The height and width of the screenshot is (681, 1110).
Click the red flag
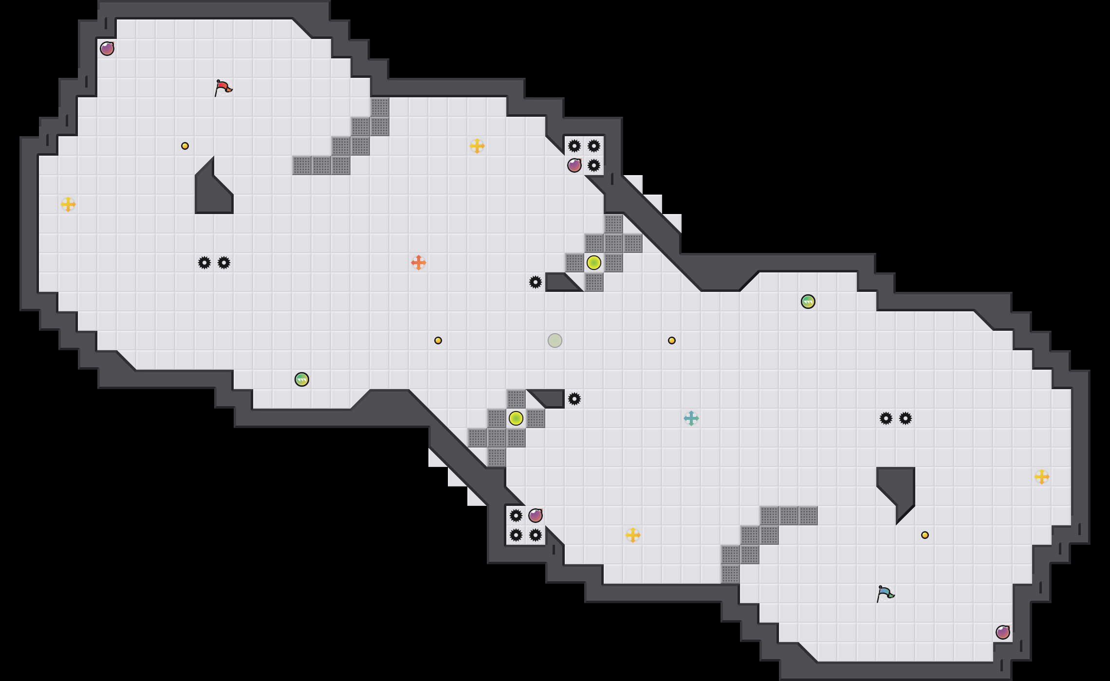point(223,88)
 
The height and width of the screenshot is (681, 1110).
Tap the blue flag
point(885,593)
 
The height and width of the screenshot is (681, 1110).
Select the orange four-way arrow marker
point(419,263)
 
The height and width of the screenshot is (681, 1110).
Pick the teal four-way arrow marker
point(691,418)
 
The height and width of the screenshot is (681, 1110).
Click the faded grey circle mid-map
point(555,340)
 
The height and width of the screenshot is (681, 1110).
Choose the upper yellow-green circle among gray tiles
point(594,263)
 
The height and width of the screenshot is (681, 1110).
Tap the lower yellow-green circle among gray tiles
point(516,418)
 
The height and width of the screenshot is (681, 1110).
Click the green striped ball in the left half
point(302,379)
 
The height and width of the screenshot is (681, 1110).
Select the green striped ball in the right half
point(808,302)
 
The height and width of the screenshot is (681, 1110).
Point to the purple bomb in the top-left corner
point(107,49)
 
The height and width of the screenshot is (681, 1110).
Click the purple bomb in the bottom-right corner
point(1003,632)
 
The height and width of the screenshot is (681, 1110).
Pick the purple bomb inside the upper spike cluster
point(574,165)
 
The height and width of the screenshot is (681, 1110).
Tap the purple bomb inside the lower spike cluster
point(536,516)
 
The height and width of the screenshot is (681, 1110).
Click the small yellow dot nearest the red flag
point(185,146)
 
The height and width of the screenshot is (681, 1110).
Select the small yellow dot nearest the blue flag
point(925,535)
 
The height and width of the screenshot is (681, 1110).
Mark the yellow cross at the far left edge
point(68,204)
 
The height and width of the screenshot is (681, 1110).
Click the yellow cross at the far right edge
point(1042,477)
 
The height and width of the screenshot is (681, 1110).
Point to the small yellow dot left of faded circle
point(438,340)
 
